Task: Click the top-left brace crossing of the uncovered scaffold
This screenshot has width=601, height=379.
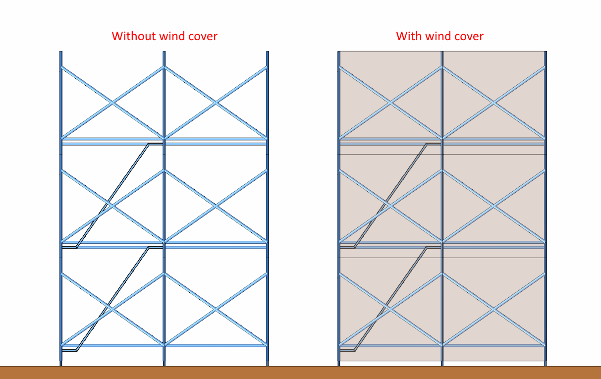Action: click(112, 103)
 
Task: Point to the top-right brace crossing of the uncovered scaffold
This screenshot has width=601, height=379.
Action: click(216, 103)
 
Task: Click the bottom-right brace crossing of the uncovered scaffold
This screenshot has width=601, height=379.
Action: click(216, 310)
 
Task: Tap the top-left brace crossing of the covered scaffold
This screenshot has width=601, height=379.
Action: click(390, 103)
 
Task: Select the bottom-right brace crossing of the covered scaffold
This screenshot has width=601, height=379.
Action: click(493, 310)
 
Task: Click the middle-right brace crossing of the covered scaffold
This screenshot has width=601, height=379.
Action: click(493, 206)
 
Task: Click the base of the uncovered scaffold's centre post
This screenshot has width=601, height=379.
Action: click(164, 364)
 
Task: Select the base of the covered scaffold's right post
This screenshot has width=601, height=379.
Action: click(546, 364)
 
